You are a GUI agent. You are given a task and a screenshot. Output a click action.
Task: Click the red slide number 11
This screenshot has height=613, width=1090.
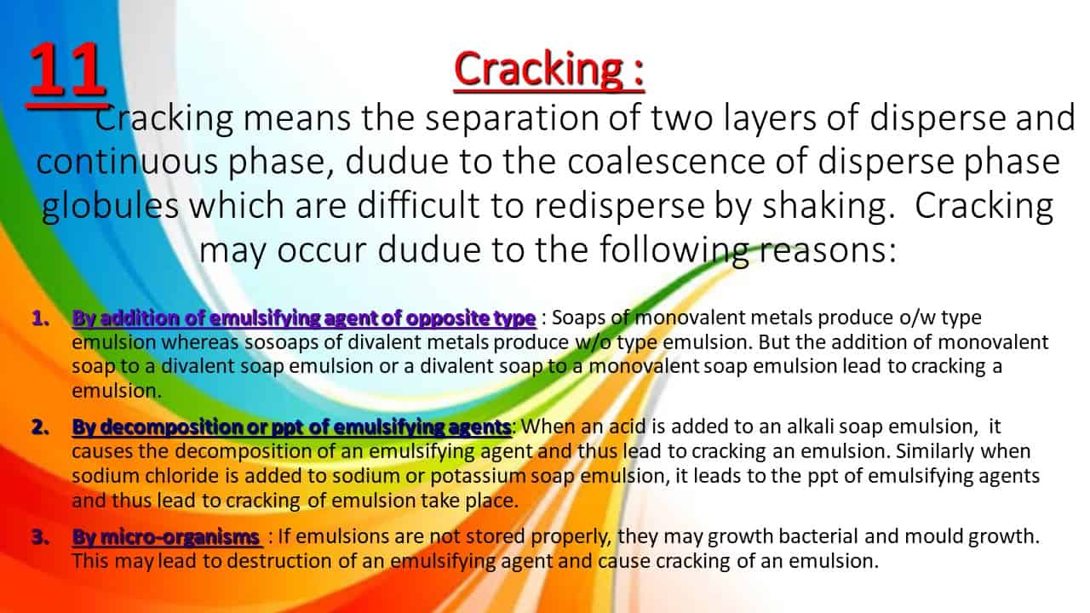66,69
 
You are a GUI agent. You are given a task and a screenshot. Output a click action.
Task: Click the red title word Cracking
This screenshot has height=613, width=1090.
538,70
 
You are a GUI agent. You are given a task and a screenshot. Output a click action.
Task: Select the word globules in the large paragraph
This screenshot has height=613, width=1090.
111,206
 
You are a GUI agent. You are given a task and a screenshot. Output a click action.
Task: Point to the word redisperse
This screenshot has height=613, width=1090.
619,207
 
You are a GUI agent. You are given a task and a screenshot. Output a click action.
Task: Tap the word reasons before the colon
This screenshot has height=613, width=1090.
823,250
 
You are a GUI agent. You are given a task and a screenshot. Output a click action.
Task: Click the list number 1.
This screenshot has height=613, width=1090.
41,318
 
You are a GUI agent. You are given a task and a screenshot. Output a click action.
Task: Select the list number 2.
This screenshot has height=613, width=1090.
41,427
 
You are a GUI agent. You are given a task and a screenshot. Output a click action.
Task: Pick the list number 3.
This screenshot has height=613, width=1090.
41,537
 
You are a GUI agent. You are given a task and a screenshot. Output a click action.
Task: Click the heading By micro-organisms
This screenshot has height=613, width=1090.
166,537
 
